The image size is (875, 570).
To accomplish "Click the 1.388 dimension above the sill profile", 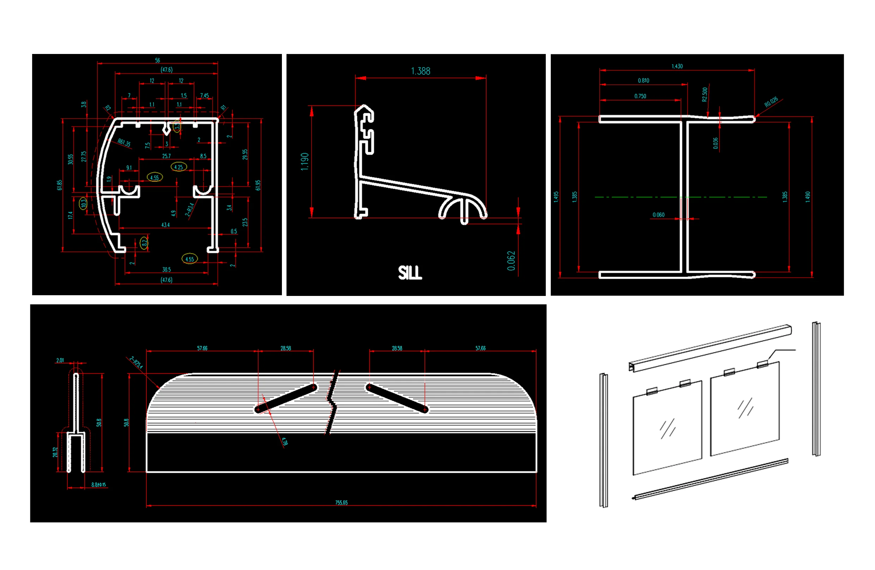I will [420, 71].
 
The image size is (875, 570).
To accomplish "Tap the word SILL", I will [410, 273].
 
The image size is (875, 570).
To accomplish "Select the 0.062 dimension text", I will [511, 261].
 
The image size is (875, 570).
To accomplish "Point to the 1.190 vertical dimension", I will [304, 161].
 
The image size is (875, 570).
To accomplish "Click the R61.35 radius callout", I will [124, 142].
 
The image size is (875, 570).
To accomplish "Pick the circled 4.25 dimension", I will [179, 167].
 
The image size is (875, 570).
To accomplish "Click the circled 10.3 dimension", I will [83, 203].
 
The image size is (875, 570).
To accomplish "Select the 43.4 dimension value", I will [165, 225].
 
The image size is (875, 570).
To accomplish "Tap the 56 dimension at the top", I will [157, 60].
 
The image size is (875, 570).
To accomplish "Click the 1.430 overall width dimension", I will [677, 66].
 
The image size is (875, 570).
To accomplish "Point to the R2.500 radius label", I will [705, 94].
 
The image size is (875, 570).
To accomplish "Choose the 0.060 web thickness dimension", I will [658, 214].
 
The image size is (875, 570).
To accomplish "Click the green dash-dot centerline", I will [625, 197].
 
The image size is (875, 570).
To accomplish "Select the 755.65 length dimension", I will [341, 502].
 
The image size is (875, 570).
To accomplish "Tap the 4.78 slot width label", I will [285, 441].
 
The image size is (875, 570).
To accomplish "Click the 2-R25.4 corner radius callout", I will [136, 362].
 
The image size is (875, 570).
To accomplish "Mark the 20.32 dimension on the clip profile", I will [55, 452].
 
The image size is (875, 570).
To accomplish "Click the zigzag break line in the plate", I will [332, 402].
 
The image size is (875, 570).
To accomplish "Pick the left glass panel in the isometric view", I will [667, 428].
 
